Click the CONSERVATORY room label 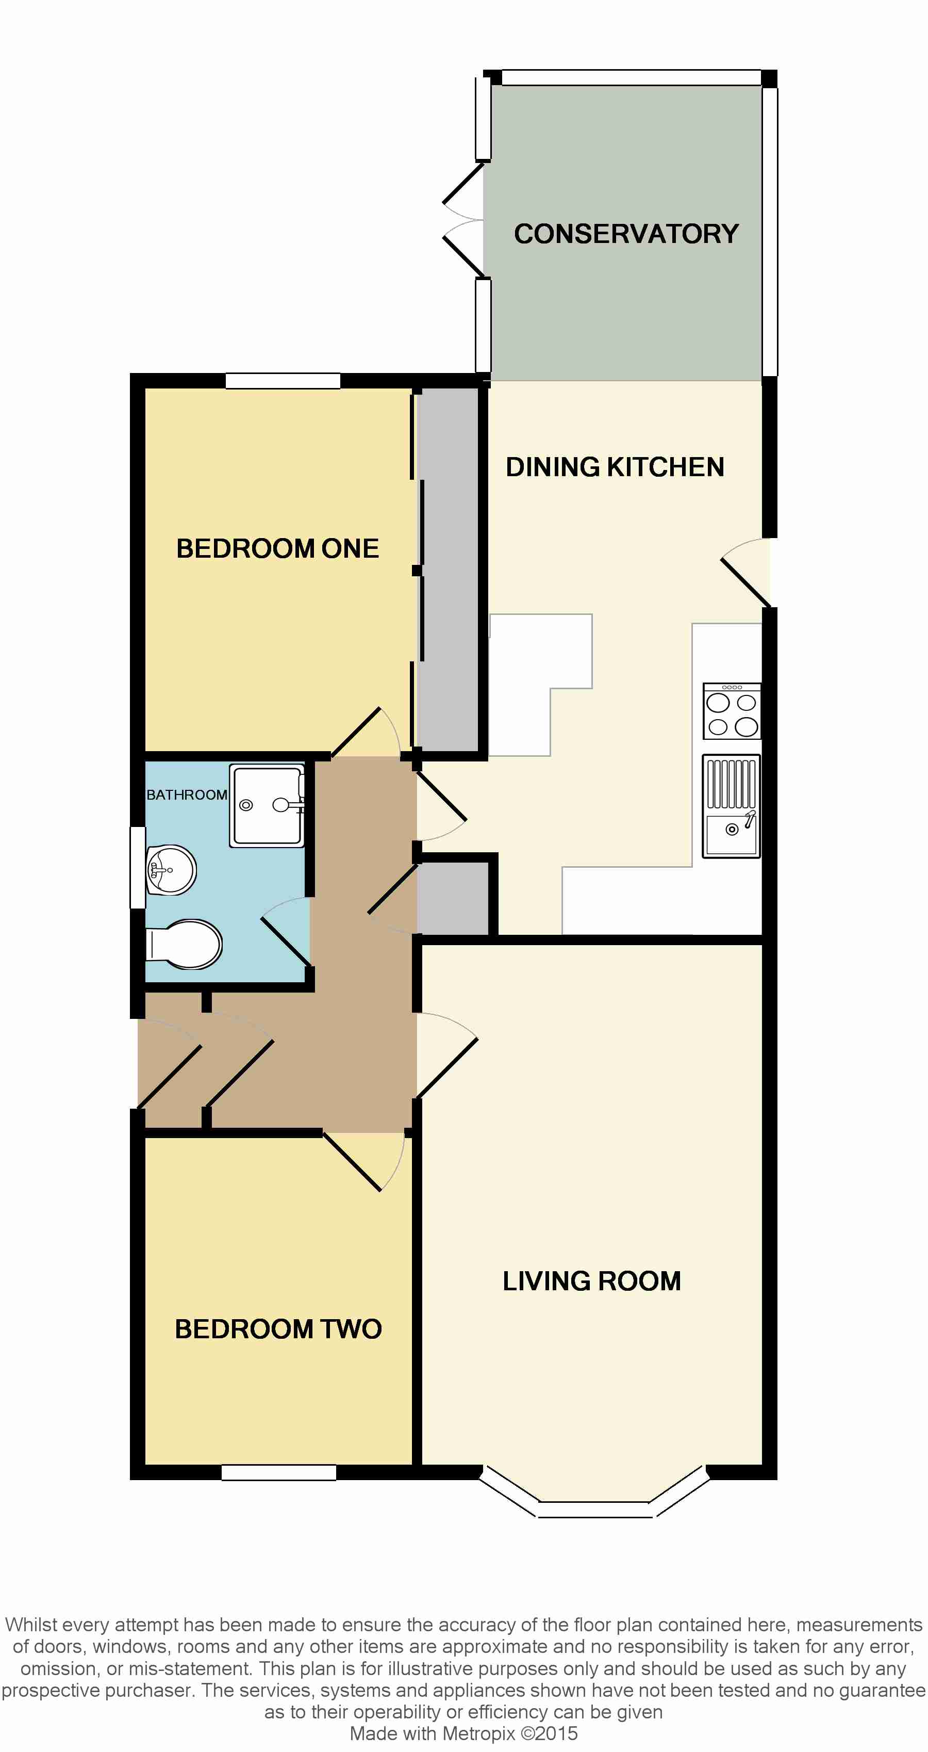point(626,233)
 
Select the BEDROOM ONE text point(277,549)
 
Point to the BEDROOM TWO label point(278,1328)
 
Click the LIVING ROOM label point(591,1280)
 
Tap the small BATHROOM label point(187,794)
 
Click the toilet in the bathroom point(184,944)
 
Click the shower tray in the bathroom point(267,806)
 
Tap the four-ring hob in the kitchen point(732,711)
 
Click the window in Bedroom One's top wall point(283,381)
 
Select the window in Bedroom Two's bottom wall point(279,1472)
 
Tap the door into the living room point(446,1056)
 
